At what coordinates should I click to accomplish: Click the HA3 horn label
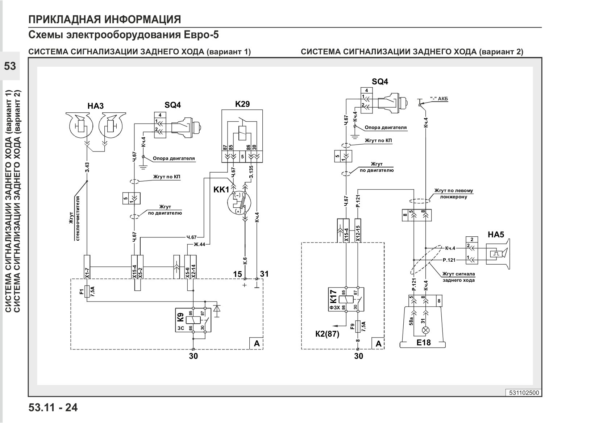coord(95,106)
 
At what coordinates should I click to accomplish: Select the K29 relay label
coord(242,104)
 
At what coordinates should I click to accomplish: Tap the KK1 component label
coord(221,190)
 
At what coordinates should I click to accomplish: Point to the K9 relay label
coord(181,317)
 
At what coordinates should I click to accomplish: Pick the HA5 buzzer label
coord(496,235)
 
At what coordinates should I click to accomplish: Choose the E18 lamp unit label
coord(424,343)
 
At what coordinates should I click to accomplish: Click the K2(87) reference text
coord(327,334)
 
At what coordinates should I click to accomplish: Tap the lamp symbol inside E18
coord(425,330)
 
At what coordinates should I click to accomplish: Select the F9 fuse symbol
coord(358,327)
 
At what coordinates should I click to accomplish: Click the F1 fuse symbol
coord(87,291)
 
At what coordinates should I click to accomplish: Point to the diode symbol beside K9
coord(217,308)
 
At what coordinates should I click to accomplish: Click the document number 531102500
coord(524,393)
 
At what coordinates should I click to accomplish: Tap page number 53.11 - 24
coord(53,407)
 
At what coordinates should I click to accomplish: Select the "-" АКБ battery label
coord(439,99)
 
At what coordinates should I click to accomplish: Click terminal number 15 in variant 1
coord(237,274)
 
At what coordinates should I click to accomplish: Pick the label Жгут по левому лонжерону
coord(454,194)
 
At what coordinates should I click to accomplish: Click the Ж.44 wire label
coord(200,244)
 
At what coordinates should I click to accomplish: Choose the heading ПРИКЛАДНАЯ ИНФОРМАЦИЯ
coord(105,20)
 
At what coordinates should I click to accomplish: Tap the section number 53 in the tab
coord(10,66)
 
